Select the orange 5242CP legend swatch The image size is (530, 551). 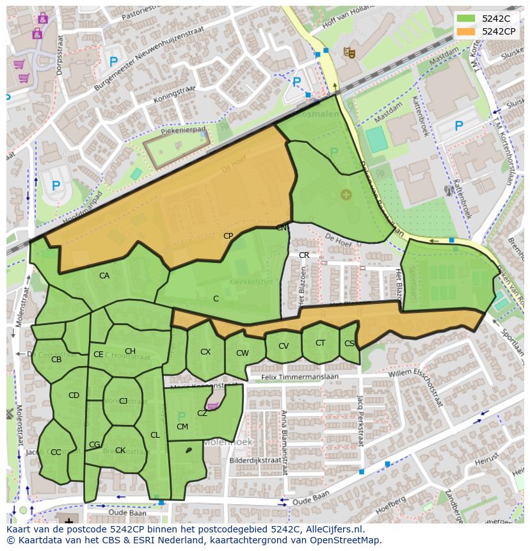click(x=467, y=31)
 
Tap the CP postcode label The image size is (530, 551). click(x=228, y=236)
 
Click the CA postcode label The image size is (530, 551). click(x=104, y=276)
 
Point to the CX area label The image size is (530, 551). click(x=205, y=352)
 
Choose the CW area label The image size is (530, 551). click(x=242, y=353)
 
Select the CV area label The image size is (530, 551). click(x=284, y=346)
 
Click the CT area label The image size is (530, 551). click(x=320, y=343)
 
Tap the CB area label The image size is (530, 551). click(x=56, y=360)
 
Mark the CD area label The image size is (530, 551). click(x=74, y=395)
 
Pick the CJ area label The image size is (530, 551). click(x=124, y=401)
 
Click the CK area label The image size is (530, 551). click(x=120, y=451)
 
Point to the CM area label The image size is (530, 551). click(x=182, y=427)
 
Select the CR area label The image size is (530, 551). click(x=304, y=255)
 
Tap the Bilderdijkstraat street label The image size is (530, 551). click(x=255, y=460)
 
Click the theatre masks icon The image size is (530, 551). click(x=349, y=52)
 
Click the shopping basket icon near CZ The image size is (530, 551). click(x=213, y=406)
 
